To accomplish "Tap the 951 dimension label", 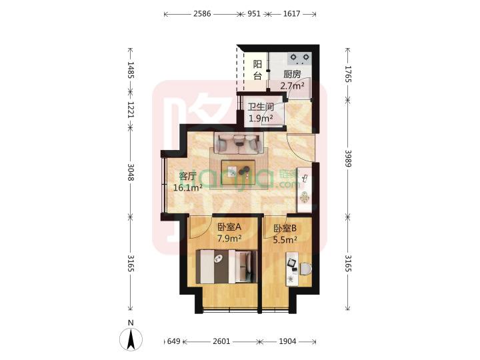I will (x=254, y=13).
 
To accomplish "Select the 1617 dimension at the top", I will (x=291, y=13).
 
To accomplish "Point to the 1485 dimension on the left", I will (x=131, y=71).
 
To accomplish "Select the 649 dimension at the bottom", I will (x=173, y=341).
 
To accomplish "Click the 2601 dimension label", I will (x=222, y=341).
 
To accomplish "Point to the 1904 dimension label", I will (x=288, y=341).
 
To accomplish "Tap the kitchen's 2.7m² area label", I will (x=292, y=85).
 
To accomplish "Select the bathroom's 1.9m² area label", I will (x=261, y=119).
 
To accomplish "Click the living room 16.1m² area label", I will (x=187, y=188).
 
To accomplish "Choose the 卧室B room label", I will (x=285, y=229).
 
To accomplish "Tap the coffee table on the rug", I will (x=239, y=171).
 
